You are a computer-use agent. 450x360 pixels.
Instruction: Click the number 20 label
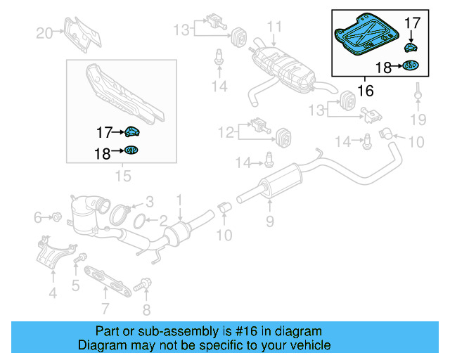pyautogui.click(x=44, y=32)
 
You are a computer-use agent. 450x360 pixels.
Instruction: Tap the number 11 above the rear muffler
pyautogui.click(x=274, y=27)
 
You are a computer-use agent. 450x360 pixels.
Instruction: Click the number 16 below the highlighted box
pyautogui.click(x=365, y=91)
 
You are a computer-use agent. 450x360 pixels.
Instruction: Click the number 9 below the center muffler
pyautogui.click(x=269, y=224)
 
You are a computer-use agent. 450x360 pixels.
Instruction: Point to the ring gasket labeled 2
pyautogui.click(x=140, y=221)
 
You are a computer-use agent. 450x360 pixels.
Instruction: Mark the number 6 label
pyautogui.click(x=38, y=218)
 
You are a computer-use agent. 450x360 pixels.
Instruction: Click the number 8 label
pyautogui.click(x=146, y=308)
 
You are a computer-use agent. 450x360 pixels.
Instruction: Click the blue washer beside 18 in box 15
pyautogui.click(x=131, y=149)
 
